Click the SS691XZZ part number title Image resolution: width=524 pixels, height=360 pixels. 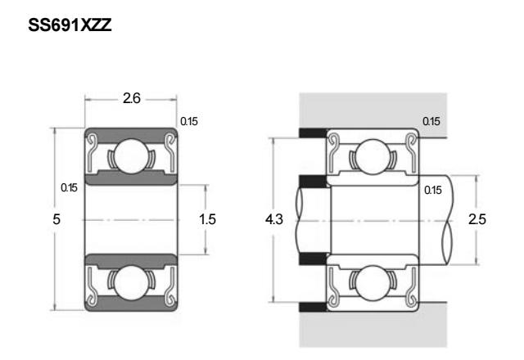pos(70,25)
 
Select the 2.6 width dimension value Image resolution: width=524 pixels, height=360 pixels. pos(132,98)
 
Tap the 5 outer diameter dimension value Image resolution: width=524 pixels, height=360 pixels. pos(56,219)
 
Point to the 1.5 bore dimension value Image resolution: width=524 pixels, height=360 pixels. pos(207,219)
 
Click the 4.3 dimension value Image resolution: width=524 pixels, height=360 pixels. pos(274,219)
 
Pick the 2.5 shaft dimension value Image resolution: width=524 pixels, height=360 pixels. pos(477,219)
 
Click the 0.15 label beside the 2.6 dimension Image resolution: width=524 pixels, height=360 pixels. pos(189,121)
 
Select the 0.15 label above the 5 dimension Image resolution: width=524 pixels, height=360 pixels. pos(69,187)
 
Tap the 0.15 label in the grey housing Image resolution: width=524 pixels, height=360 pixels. pos(431,121)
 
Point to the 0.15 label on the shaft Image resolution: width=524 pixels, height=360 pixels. pos(433,190)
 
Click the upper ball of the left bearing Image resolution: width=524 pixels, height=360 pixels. pos(131,156)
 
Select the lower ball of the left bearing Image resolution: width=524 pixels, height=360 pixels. pos(131,282)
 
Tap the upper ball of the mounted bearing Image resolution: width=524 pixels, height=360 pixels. pos(373,156)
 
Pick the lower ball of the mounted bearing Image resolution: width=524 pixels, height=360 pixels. pos(373,283)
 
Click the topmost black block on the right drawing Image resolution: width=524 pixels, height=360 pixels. pos(313,133)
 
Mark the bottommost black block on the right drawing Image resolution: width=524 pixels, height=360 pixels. pos(313,307)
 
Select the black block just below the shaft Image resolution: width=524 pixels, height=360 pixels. pos(313,259)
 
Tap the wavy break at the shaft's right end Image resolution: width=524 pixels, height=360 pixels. pos(448,220)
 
